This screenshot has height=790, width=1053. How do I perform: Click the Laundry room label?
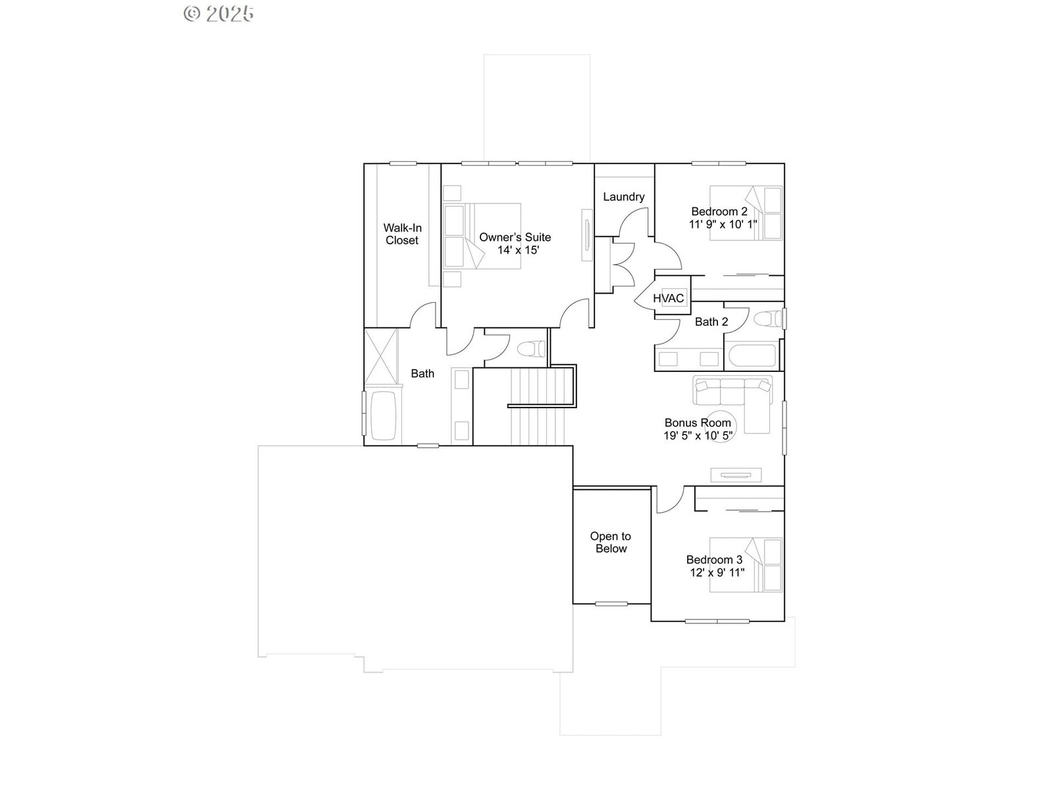[x=623, y=197]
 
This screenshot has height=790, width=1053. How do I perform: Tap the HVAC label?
[x=668, y=298]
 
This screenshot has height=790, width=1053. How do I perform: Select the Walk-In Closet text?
[x=402, y=234]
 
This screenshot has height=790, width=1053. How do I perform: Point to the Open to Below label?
[x=611, y=542]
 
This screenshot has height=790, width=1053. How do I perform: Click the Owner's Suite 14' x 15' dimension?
[x=518, y=250]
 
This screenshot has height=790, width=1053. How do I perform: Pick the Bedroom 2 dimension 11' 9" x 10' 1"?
[x=723, y=224]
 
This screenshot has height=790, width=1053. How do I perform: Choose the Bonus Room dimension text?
[x=698, y=436]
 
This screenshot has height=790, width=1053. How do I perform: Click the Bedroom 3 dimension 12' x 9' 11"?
[x=717, y=572]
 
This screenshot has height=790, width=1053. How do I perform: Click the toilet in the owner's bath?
[x=531, y=349]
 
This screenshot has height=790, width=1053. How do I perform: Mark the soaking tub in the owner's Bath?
[x=383, y=415]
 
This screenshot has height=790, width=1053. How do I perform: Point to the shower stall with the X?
[x=381, y=356]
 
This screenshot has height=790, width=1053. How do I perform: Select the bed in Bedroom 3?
[x=746, y=565]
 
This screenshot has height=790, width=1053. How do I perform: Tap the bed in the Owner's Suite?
[x=482, y=236]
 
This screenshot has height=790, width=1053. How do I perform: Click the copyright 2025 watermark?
[x=218, y=14]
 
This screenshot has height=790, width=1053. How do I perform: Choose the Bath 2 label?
[x=711, y=322]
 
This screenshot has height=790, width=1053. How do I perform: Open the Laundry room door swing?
[x=634, y=222]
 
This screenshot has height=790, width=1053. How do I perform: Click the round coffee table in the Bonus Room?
[x=720, y=426]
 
